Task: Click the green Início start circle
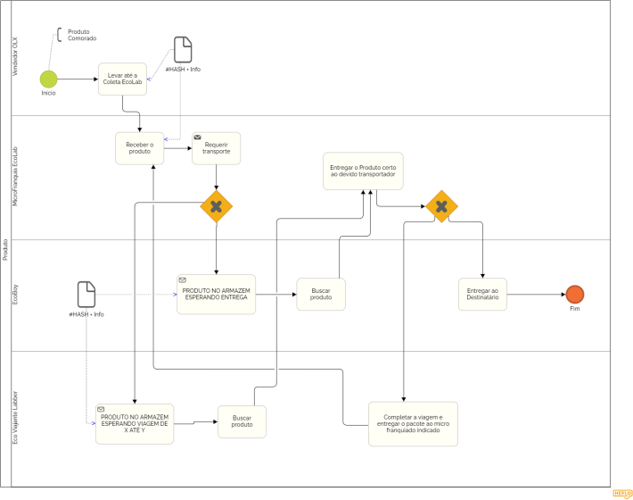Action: [48, 79]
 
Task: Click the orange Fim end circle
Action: [574, 295]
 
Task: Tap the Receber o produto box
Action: [139, 148]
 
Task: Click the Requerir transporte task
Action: [217, 149]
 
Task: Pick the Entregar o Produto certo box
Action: [363, 171]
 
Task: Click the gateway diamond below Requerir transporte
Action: [216, 206]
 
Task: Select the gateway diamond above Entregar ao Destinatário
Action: [441, 206]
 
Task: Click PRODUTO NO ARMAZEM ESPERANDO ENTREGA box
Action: [216, 295]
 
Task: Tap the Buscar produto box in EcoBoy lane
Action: [321, 295]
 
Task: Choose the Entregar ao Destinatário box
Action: [482, 295]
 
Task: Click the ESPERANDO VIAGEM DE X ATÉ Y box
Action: [135, 423]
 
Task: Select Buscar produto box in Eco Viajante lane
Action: [242, 421]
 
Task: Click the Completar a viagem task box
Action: [413, 423]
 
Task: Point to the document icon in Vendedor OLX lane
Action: [183, 49]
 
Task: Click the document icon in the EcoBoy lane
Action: [86, 294]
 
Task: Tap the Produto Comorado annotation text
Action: [82, 35]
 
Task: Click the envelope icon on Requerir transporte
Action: [197, 137]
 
